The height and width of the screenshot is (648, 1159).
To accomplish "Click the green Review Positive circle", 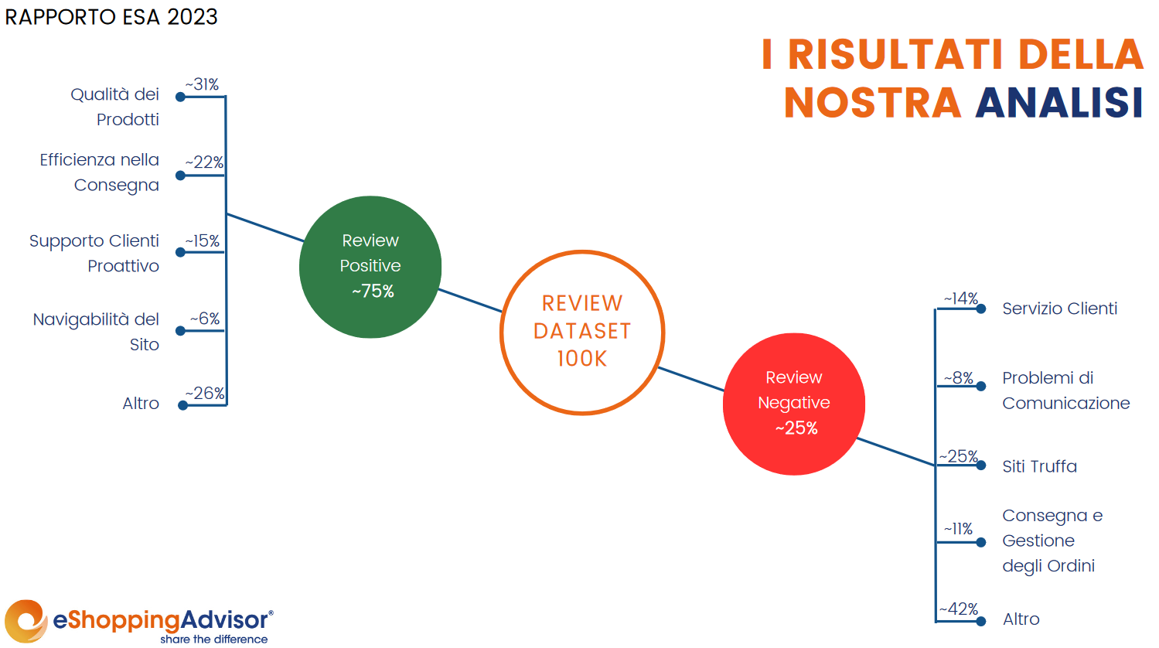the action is pyautogui.click(x=370, y=267).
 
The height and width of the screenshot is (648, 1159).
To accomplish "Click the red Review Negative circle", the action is pyautogui.click(x=794, y=404).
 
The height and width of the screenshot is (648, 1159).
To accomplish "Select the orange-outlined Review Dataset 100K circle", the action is pyautogui.click(x=582, y=333).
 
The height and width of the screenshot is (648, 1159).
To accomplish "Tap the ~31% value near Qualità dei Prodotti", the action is pyautogui.click(x=202, y=84).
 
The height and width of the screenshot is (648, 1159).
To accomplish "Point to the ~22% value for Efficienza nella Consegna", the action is pyautogui.click(x=204, y=162).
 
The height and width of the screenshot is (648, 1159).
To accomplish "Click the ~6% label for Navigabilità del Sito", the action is pyautogui.click(x=205, y=319).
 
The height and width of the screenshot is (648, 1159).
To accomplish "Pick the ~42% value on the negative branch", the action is pyautogui.click(x=959, y=609).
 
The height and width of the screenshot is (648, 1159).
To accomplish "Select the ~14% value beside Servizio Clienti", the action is pyautogui.click(x=961, y=298).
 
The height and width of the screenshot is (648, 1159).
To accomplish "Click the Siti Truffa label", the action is pyautogui.click(x=1039, y=466).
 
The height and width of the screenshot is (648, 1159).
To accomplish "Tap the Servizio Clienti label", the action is pyautogui.click(x=1060, y=309).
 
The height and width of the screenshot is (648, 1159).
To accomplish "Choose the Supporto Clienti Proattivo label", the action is pyautogui.click(x=94, y=254).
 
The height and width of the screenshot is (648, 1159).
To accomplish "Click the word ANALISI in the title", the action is pyautogui.click(x=1059, y=103).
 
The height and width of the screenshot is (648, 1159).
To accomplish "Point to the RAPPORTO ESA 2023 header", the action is pyautogui.click(x=111, y=17).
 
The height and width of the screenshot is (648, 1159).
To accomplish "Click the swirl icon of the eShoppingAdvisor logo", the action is pyautogui.click(x=26, y=621).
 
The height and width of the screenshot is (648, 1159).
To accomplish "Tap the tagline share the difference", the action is pyautogui.click(x=213, y=639).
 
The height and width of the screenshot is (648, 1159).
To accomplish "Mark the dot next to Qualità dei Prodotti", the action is pyautogui.click(x=181, y=97).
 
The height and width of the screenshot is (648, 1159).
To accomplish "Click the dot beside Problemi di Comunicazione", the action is pyautogui.click(x=981, y=386).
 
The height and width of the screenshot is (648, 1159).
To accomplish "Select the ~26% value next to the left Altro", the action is pyautogui.click(x=205, y=394).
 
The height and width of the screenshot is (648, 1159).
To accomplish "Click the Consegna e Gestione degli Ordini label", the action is pyautogui.click(x=1052, y=541).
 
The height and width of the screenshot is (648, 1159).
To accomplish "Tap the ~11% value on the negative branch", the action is pyautogui.click(x=958, y=529).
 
